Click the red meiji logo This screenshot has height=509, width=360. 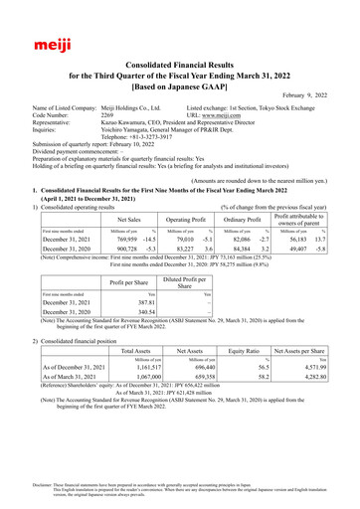(x=38, y=44)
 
